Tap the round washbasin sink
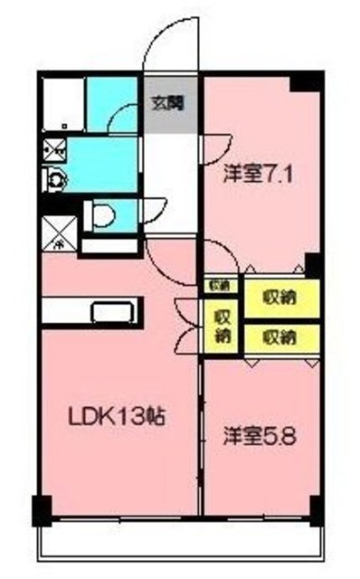click(x=55, y=179)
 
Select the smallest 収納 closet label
click(x=218, y=286)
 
